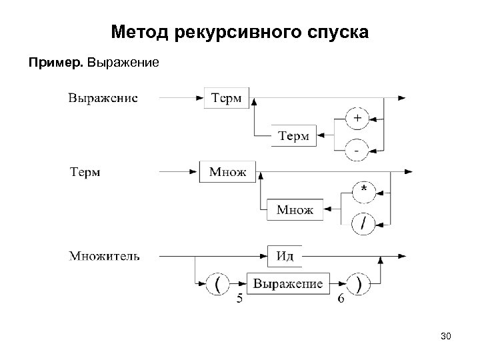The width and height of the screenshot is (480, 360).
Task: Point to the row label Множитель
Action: tap(104, 255)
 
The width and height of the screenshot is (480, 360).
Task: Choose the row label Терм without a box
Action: tap(85, 172)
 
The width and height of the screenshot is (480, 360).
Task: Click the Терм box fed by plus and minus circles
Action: tap(293, 136)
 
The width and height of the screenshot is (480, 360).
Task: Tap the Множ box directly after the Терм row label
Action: tap(227, 172)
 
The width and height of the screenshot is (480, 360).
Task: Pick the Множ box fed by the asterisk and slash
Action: tap(294, 211)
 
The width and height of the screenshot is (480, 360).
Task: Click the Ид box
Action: tap(285, 255)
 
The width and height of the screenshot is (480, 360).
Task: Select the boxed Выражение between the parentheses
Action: tap(287, 284)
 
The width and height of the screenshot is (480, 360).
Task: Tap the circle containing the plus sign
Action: tap(357, 119)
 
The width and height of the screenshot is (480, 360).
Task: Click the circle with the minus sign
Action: tap(357, 151)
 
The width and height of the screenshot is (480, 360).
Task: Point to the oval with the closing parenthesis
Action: tap(359, 284)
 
